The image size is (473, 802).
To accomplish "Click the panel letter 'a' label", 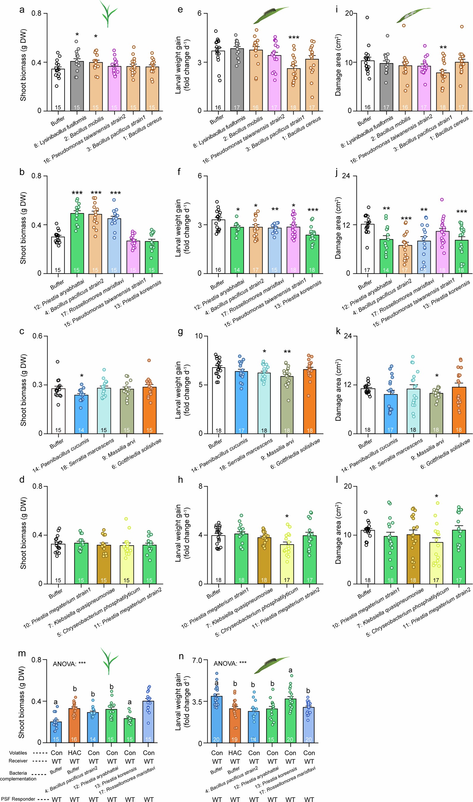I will point(22,10).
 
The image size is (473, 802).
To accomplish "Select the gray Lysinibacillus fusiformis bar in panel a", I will point(77,86).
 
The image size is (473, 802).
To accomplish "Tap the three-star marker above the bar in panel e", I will point(294,38).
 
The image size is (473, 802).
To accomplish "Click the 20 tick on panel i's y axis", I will point(348,13).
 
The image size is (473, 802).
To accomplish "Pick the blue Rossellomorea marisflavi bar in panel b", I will point(114,246).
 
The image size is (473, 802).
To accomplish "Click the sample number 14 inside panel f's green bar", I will point(236,270).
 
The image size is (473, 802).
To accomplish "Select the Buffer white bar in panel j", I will point(367,248).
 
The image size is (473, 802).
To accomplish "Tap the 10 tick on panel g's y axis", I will point(198,336).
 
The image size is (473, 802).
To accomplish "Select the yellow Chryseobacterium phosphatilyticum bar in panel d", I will point(126,564).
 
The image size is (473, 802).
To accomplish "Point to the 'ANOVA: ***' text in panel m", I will point(69,664).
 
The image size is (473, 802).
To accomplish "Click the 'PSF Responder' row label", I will point(18,799).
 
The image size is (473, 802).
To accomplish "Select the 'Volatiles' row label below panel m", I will point(18,753).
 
